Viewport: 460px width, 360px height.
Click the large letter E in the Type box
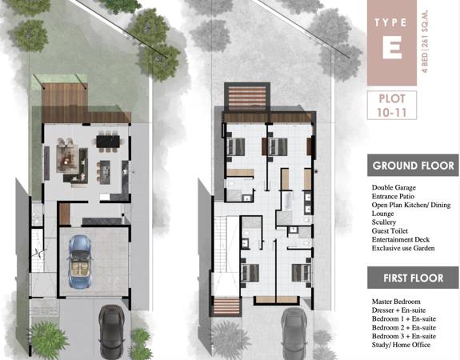click(x=392, y=49)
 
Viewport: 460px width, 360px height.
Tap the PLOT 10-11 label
click(x=392, y=106)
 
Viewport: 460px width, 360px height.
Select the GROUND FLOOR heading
click(x=413, y=166)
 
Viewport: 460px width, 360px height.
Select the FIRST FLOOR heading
click(x=413, y=278)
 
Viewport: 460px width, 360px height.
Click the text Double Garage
click(x=394, y=187)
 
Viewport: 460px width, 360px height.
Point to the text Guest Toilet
click(x=390, y=231)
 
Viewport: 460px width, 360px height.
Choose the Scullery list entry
click(x=384, y=222)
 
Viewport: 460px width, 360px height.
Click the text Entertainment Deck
click(x=401, y=239)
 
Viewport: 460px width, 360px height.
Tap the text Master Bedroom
click(x=396, y=302)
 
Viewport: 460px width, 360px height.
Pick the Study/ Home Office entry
click(x=401, y=345)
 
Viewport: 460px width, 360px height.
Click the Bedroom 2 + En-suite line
click(x=404, y=327)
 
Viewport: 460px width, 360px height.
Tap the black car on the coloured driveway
click(x=111, y=331)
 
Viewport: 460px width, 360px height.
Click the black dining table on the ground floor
click(x=108, y=141)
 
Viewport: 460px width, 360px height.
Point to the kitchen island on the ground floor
click(x=105, y=172)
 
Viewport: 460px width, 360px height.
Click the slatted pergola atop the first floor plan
click(x=247, y=98)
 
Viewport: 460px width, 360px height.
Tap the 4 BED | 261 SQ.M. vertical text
click(x=425, y=41)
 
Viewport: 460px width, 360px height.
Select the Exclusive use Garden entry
click(x=403, y=248)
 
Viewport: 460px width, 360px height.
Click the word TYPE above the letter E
click(x=390, y=22)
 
